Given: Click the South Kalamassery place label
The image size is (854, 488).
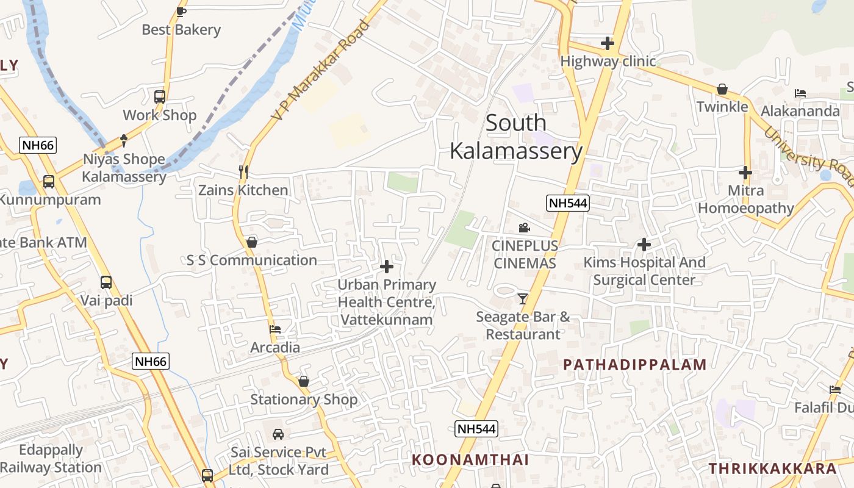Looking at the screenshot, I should pos(515,137).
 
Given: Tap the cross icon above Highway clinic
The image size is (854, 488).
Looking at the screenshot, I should pos(607,43).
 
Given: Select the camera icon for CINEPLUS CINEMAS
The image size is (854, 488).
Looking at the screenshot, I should pos(524,228).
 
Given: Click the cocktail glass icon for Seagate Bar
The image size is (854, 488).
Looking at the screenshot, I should pos(523,298).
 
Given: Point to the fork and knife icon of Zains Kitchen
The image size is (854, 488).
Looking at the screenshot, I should pos(243,172).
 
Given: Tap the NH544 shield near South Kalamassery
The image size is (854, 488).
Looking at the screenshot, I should pos(568,203).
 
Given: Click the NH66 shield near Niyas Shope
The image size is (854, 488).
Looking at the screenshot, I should pos(38,145).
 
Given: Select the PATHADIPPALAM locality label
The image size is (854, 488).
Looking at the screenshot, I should pos(634,365).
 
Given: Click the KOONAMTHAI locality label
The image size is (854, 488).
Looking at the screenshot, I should pos(470,459).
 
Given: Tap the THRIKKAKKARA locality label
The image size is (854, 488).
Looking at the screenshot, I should pos(772,468).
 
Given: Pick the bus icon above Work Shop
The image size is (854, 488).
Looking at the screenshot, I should pos(160,96).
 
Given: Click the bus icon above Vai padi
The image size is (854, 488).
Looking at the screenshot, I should pos(106,282).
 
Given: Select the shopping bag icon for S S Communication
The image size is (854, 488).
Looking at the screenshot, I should pos(251,242).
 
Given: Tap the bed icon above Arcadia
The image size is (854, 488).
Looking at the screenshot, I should pos(275,329).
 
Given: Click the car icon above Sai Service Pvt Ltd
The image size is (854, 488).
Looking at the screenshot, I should pos(278,434).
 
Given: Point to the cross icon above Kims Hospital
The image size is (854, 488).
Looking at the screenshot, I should pos(644,245).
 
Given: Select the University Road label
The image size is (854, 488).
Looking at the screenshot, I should pos(809,156).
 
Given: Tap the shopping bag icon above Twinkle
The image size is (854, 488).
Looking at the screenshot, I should pos(722,89).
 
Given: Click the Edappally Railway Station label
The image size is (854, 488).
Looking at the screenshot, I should pos(51,459).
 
